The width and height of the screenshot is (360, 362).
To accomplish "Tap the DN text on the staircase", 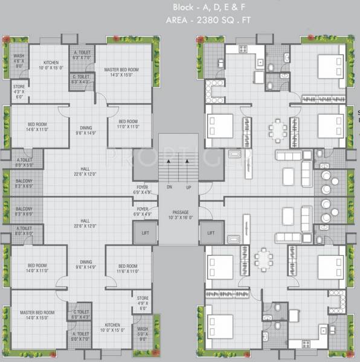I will click(x=170, y=187).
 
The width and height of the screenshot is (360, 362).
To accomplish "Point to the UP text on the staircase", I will click(x=189, y=187).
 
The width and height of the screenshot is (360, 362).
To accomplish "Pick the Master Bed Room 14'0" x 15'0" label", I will click(x=37, y=316).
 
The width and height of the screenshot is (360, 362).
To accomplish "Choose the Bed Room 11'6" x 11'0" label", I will click(x=128, y=268).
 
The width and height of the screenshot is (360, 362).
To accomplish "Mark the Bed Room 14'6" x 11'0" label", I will click(x=36, y=127).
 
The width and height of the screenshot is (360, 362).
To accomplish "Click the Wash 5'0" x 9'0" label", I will click(x=143, y=332).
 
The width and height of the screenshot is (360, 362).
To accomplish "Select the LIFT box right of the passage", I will click(x=211, y=232).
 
